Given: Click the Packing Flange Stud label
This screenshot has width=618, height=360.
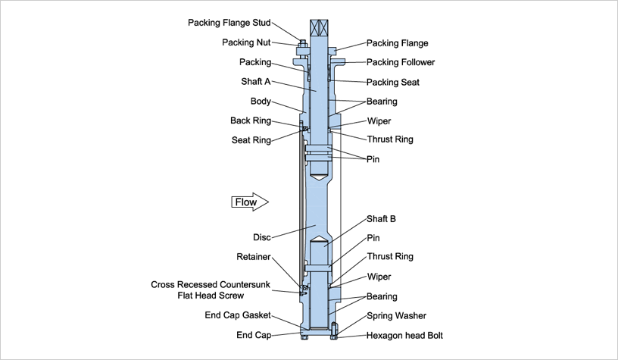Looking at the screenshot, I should (x=229, y=23).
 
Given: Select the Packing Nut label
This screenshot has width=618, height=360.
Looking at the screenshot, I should (x=246, y=42).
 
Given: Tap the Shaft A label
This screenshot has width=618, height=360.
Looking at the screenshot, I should (x=254, y=82).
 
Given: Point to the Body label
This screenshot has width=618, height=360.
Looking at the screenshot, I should (x=261, y=101).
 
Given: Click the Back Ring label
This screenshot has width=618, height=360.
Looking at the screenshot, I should (x=251, y=121).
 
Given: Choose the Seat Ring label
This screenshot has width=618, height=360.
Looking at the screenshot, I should (x=251, y=139).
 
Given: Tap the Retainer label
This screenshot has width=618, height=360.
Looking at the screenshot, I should (x=254, y=257).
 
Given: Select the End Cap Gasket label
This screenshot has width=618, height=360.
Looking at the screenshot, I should (x=238, y=315).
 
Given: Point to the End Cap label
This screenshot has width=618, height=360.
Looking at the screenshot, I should (x=254, y=335).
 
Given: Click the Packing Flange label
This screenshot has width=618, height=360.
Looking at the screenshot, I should (x=397, y=43).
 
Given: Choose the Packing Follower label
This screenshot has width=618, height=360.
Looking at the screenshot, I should (x=401, y=62).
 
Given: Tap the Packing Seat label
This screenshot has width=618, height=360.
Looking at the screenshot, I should (x=392, y=82).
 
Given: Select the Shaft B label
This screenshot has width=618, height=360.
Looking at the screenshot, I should (x=382, y=219).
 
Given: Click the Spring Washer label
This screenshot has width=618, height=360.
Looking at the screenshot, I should (x=396, y=315).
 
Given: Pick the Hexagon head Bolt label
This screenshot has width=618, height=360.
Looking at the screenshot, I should (x=404, y=335).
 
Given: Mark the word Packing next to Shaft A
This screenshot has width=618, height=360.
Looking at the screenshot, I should (x=255, y=62).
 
